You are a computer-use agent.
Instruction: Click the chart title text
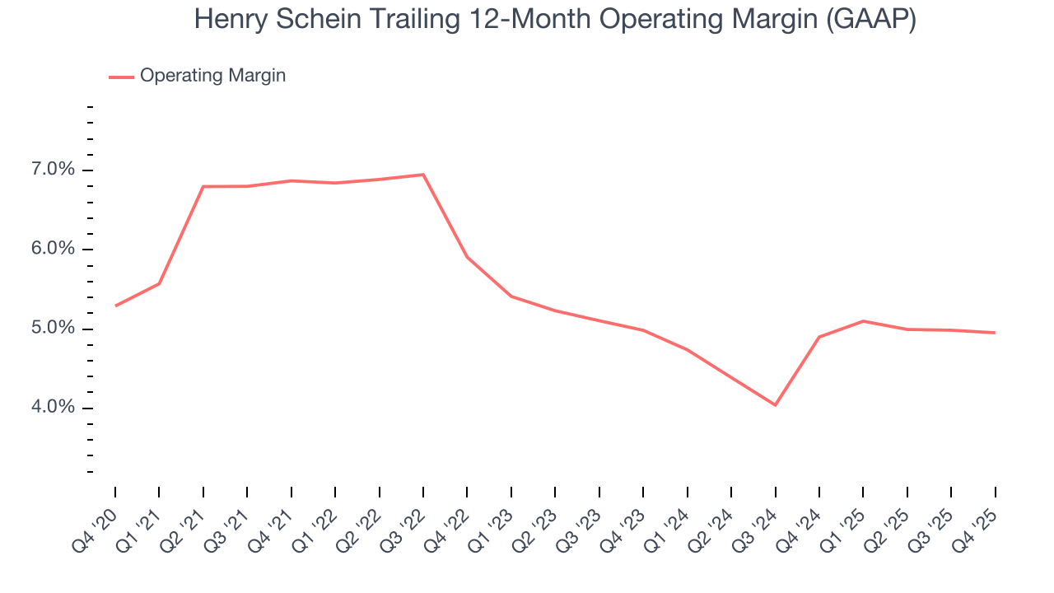coord(555,20)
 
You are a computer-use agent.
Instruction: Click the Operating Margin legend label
coord(212,76)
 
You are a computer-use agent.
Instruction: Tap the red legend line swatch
coord(121,77)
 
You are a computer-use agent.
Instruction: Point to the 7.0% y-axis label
coord(54,170)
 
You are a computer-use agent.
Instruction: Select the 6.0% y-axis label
coord(54,250)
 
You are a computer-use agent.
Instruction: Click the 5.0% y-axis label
coord(54,329)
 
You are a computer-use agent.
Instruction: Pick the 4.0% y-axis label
coord(54,408)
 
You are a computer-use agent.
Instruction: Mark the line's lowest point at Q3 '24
coord(775,405)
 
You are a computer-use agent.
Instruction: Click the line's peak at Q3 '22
coord(423,175)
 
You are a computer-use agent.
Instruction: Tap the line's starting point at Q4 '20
coord(115,306)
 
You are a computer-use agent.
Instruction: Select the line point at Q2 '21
coord(203,186)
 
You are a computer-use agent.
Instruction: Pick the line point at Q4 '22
coord(467,257)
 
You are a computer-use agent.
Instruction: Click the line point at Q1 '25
coord(863,320)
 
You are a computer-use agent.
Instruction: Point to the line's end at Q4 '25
coord(995,333)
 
